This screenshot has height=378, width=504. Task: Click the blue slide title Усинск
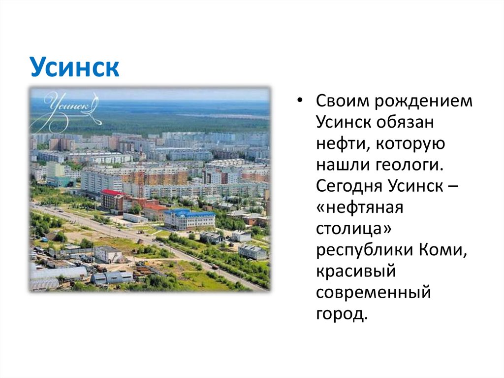click(74, 68)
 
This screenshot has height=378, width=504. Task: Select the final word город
click(341, 314)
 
